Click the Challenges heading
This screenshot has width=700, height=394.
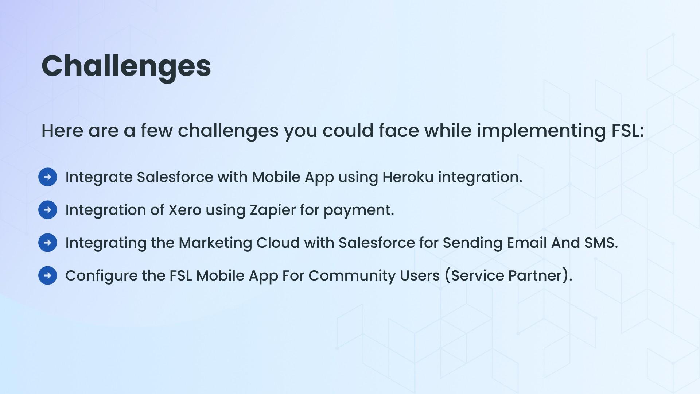tap(126, 67)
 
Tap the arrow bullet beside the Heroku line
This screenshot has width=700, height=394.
tap(48, 177)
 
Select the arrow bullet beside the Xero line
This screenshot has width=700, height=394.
tap(48, 210)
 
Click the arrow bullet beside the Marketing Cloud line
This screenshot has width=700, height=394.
tap(48, 243)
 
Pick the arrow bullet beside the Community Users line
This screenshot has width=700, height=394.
tap(48, 275)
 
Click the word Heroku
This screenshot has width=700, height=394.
tap(408, 177)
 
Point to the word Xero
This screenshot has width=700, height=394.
tap(185, 210)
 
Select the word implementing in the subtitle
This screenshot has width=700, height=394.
tap(541, 131)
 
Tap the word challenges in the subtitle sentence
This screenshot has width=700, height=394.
tap(228, 131)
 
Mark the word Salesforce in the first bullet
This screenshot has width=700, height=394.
tap(175, 177)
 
